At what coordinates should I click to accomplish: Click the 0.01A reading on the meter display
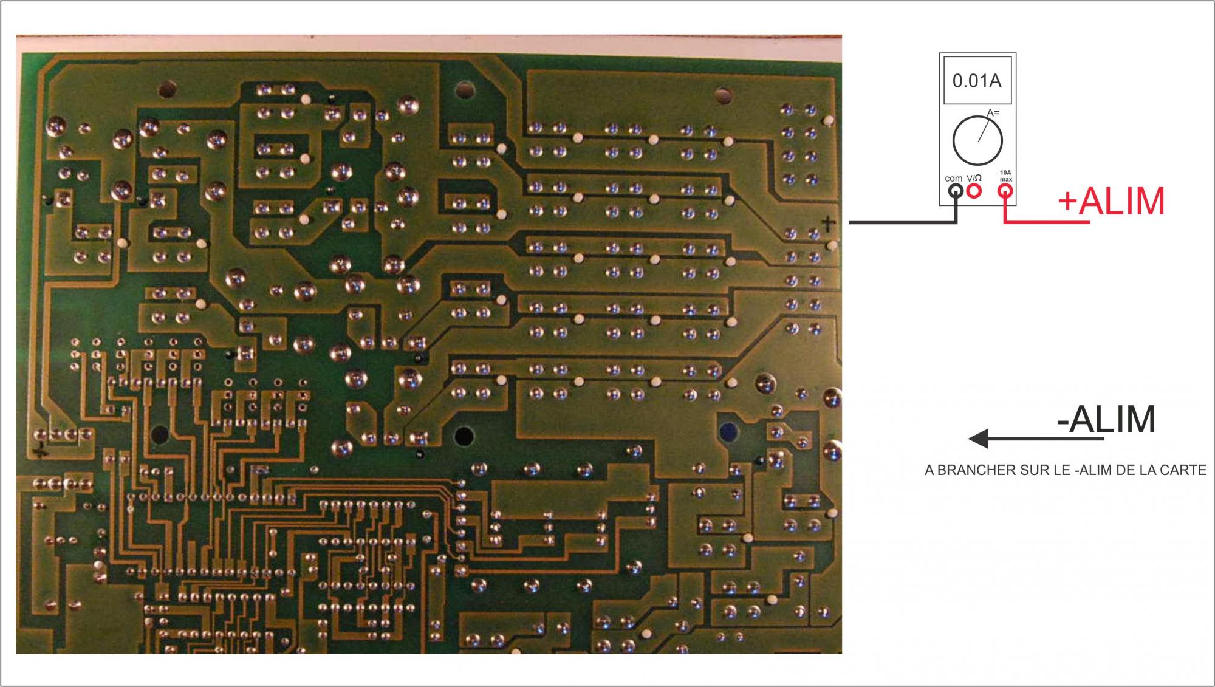point(977,81)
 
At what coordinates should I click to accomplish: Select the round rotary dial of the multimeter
point(977,140)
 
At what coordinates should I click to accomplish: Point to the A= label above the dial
point(993,113)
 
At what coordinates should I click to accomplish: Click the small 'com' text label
point(953,179)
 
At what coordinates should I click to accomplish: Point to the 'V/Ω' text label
point(974,178)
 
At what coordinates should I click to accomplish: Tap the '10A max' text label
point(1006,176)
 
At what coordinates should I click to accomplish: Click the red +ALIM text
point(1111,201)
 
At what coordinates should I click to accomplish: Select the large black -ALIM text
point(1106,419)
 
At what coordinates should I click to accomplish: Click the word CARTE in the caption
point(1185,470)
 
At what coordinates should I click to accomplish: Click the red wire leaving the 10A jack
point(1045,223)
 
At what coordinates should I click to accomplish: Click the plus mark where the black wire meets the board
point(828,224)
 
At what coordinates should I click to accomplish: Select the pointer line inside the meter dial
point(987,131)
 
